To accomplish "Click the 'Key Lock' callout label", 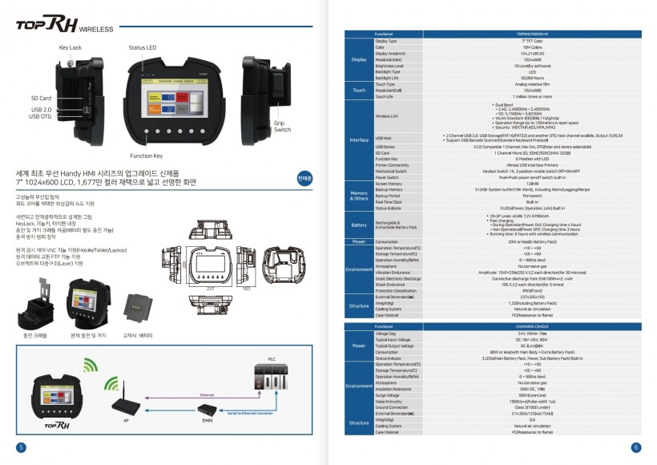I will (x=71, y=48).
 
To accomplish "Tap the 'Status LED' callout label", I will (x=143, y=48).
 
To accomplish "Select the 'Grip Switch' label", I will (x=283, y=126).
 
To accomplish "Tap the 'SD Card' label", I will (x=42, y=98).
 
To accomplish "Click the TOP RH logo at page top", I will (x=48, y=25).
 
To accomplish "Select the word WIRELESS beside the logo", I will (x=96, y=29).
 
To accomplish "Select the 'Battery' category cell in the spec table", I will (x=358, y=224).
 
